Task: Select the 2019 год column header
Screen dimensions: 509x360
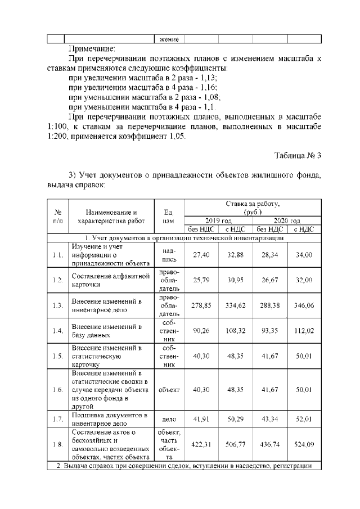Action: point(218,221)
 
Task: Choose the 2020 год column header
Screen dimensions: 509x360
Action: point(286,221)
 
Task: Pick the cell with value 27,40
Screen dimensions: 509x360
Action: point(201,255)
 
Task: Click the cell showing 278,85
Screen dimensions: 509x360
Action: point(201,305)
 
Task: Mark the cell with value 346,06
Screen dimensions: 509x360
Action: point(304,305)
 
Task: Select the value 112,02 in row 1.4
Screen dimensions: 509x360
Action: point(304,331)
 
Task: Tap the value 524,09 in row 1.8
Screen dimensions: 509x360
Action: point(304,444)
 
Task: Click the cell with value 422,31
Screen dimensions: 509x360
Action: point(201,444)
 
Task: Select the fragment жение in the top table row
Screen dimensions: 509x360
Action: point(169,39)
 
